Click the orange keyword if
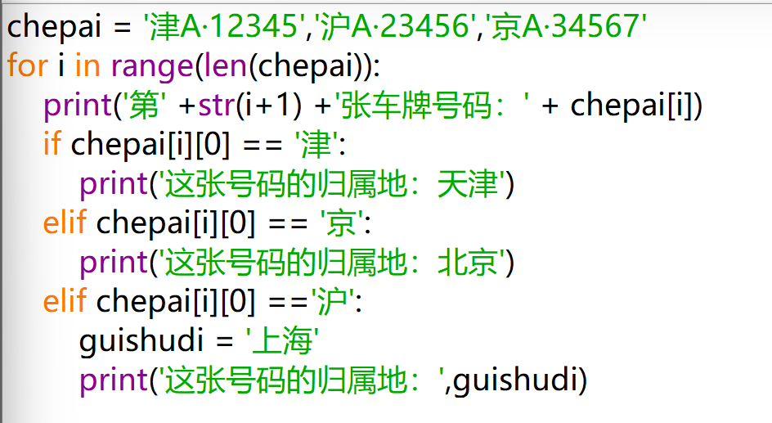tap(52, 146)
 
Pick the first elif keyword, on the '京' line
tap(65, 224)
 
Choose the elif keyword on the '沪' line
tap(65, 303)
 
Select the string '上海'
tap(282, 342)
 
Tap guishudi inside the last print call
tap(518, 381)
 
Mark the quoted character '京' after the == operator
tap(343, 224)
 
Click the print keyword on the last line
tap(111, 381)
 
